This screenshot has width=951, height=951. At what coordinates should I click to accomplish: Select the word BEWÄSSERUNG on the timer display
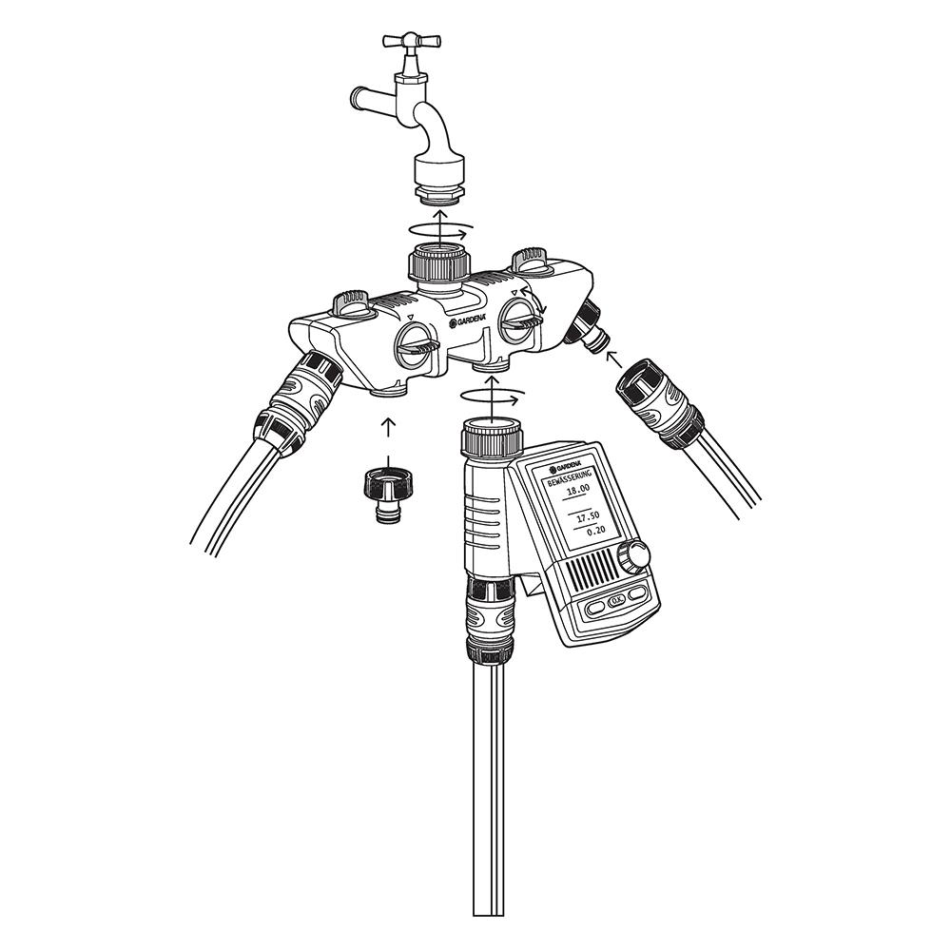click(x=568, y=476)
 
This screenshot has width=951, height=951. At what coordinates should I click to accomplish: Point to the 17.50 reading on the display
click(x=587, y=515)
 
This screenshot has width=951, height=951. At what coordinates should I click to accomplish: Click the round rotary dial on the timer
click(x=633, y=555)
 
